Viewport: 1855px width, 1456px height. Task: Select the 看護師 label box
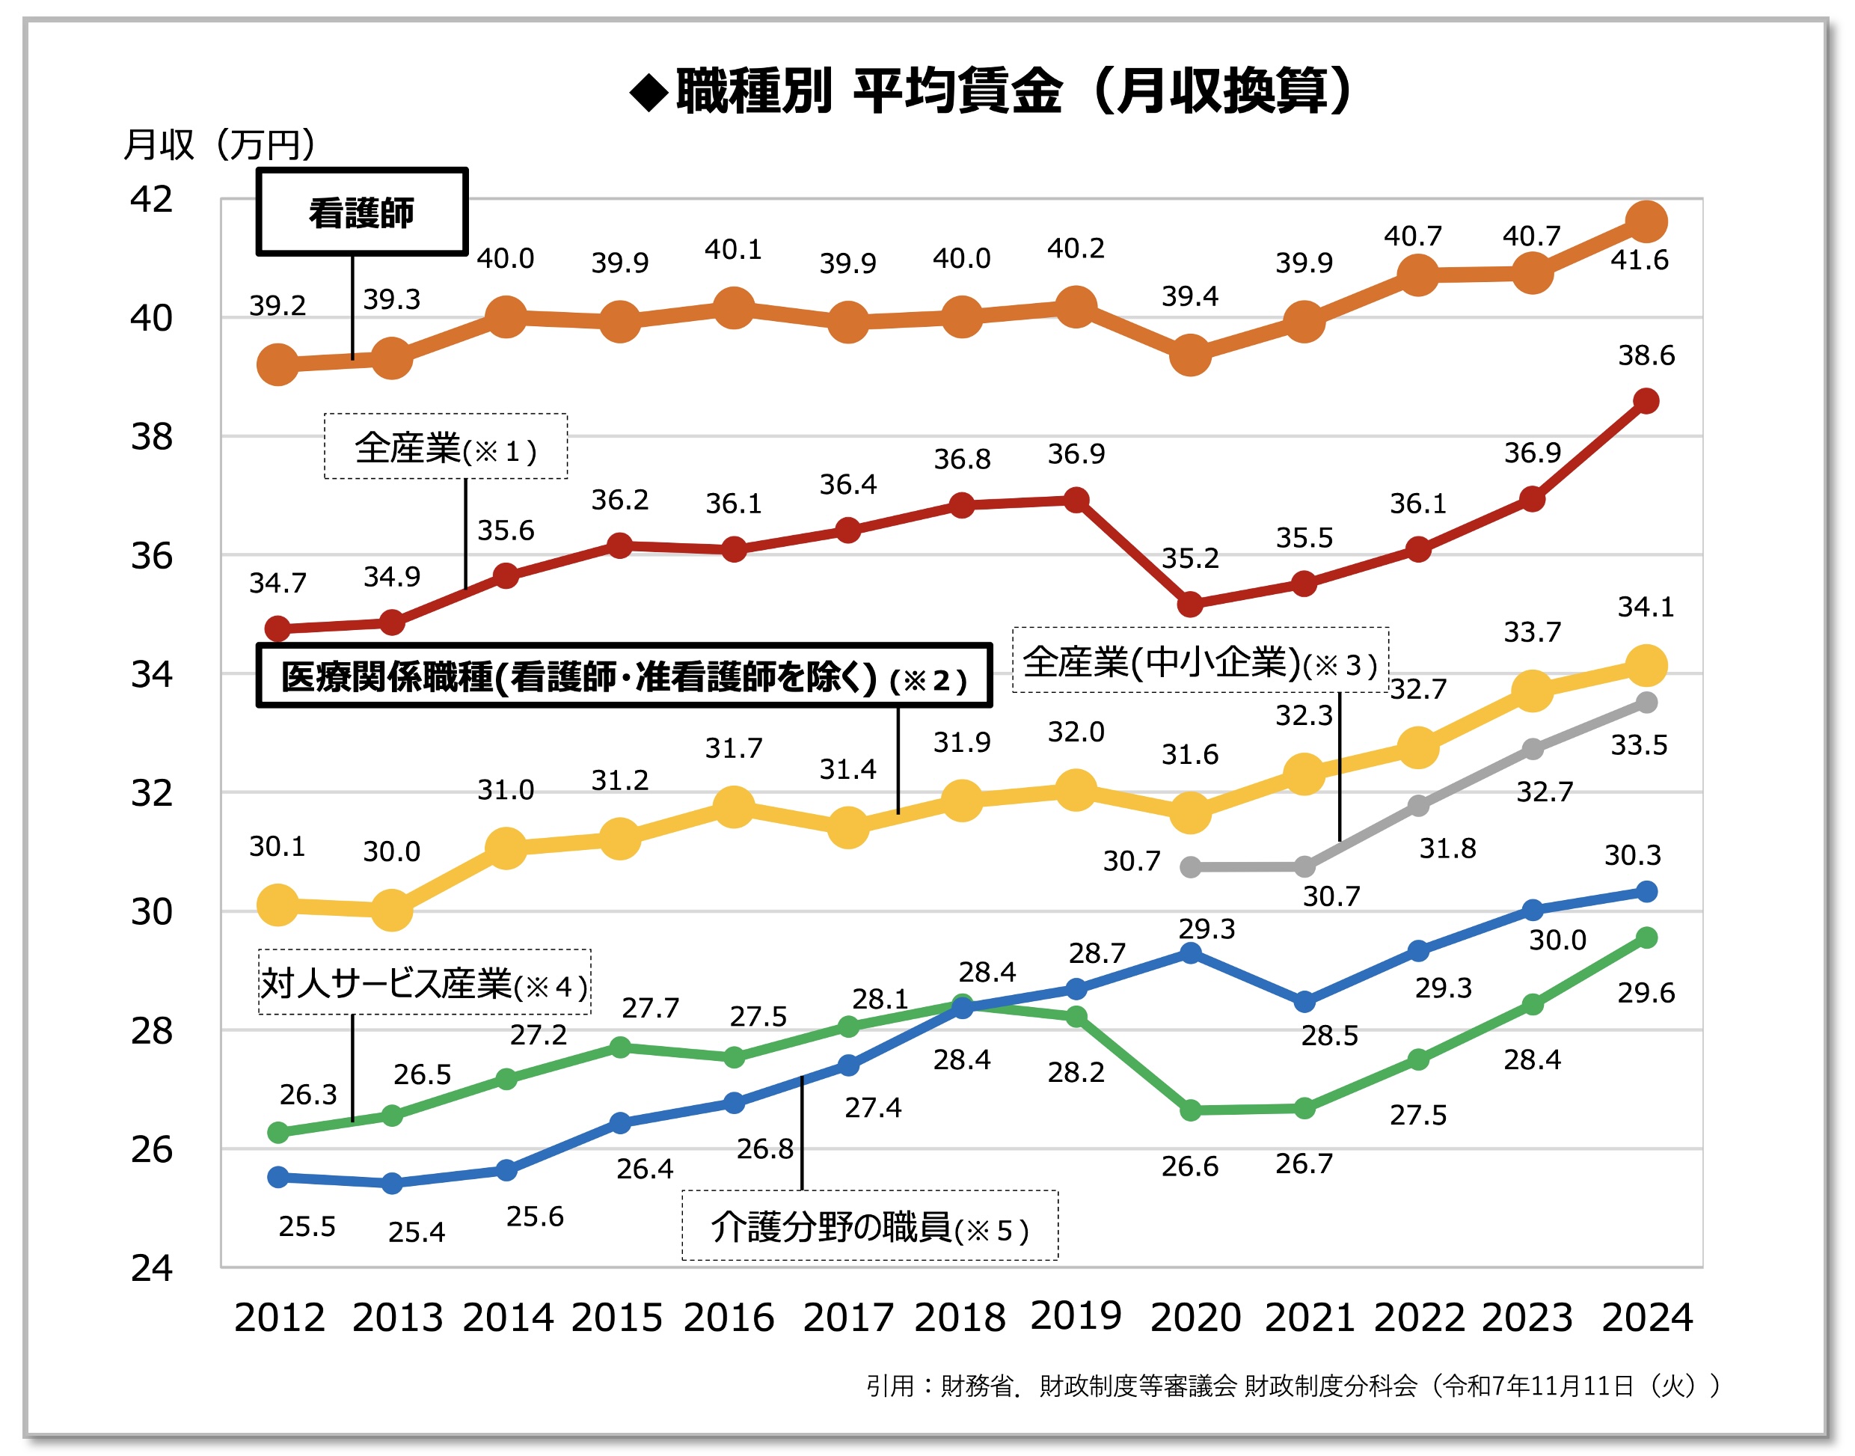pyautogui.click(x=362, y=212)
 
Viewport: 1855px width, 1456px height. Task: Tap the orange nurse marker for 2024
pyautogui.click(x=1646, y=222)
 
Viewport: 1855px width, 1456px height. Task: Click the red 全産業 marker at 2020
pyautogui.click(x=1189, y=605)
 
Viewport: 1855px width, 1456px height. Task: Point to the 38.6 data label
pyautogui.click(x=1646, y=355)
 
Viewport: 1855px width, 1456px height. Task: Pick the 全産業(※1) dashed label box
pyautogui.click(x=446, y=447)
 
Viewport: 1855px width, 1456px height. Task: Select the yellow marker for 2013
pyautogui.click(x=391, y=911)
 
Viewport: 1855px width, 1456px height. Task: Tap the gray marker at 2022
pyautogui.click(x=1418, y=805)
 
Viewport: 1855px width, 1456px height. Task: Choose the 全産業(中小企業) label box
pyautogui.click(x=1200, y=661)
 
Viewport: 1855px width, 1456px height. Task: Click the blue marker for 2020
pyautogui.click(x=1189, y=953)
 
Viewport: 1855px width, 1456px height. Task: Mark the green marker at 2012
pyautogui.click(x=278, y=1132)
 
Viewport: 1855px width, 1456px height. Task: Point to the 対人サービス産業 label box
pyautogui.click(x=424, y=983)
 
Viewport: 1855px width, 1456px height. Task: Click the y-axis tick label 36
pyautogui.click(x=151, y=556)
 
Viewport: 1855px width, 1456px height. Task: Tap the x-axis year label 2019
pyautogui.click(x=1076, y=1315)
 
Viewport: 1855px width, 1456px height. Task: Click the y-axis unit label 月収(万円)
pyautogui.click(x=219, y=144)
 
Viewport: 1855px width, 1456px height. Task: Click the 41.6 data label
pyautogui.click(x=1640, y=260)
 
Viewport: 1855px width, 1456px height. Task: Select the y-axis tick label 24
pyautogui.click(x=151, y=1268)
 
